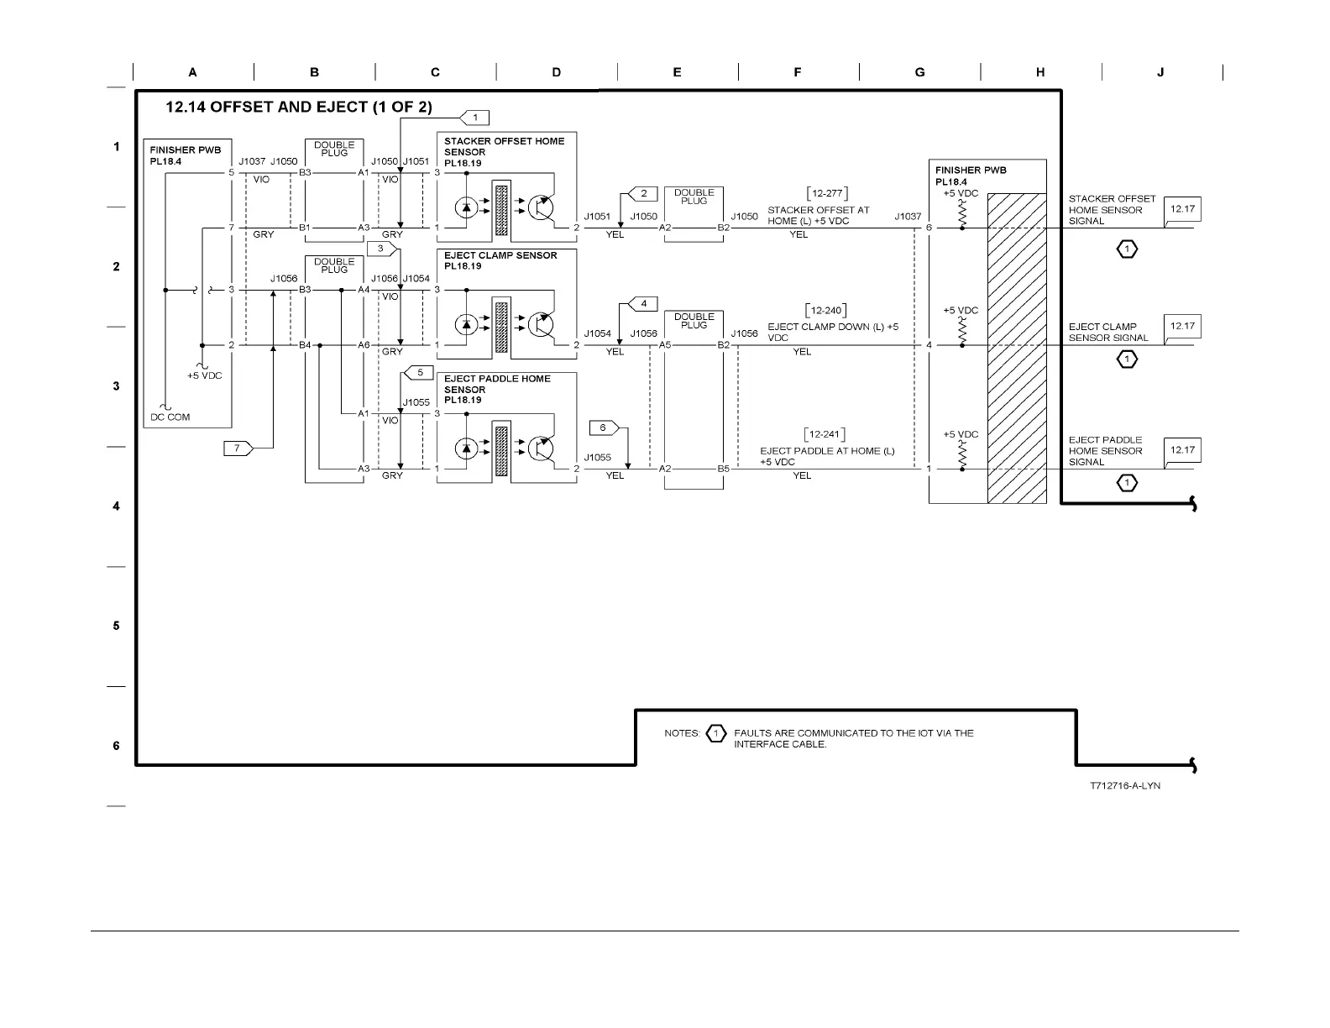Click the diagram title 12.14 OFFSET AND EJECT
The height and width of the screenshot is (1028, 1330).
coord(299,108)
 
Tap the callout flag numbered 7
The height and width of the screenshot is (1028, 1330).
coord(238,448)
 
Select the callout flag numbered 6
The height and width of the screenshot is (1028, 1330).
coord(604,428)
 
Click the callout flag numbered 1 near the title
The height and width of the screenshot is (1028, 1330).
coord(474,118)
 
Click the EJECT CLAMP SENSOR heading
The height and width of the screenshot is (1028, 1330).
coord(500,255)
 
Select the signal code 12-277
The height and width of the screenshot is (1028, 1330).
coord(826,194)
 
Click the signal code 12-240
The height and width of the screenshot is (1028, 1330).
coord(826,311)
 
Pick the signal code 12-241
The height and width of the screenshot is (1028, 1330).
coord(824,434)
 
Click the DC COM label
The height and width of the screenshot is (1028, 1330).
coord(170,417)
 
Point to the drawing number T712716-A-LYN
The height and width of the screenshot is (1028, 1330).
coord(1124,786)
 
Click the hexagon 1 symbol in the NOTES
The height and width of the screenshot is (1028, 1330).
coord(715,733)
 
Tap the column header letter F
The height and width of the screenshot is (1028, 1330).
coord(798,72)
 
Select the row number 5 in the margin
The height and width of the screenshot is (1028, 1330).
coord(116,626)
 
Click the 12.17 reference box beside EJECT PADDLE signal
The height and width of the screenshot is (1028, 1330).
coord(1182,451)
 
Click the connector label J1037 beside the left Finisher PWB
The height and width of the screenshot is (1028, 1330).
coord(252,161)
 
